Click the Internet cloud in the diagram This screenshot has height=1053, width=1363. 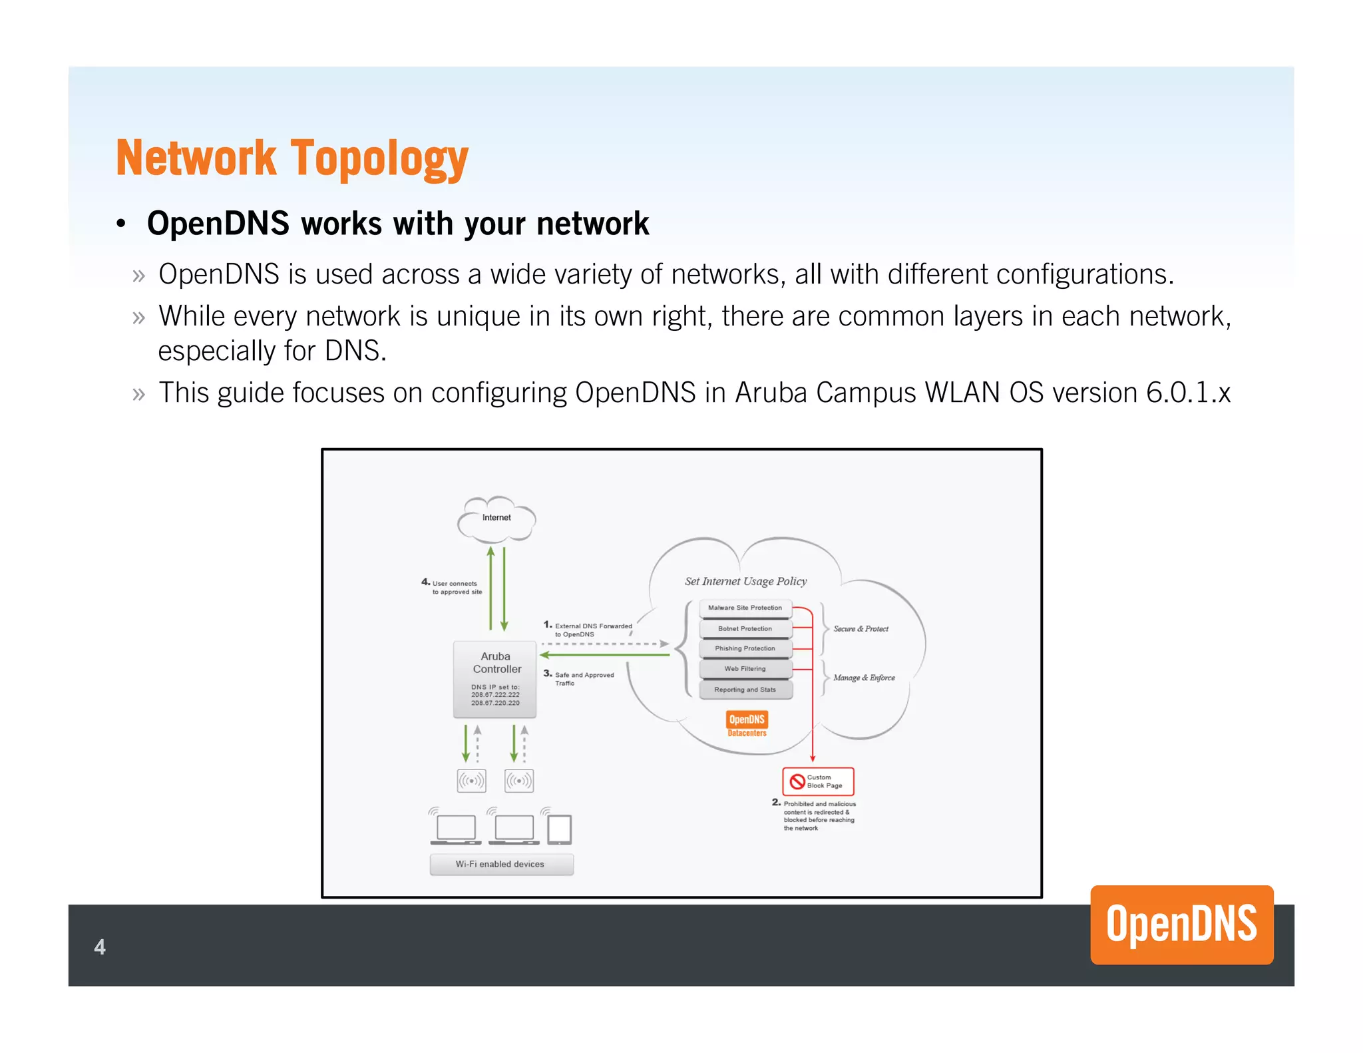(x=496, y=519)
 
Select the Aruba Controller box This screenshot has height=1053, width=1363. (x=495, y=679)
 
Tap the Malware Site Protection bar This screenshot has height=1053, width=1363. (x=745, y=608)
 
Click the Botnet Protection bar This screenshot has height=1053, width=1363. (x=745, y=628)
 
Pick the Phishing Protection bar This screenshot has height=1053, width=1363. (x=745, y=648)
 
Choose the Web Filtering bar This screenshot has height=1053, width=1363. (x=745, y=669)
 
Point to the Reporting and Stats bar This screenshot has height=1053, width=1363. (x=745, y=690)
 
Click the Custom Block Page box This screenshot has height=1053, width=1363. (x=818, y=781)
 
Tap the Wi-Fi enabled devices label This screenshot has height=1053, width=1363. (x=500, y=864)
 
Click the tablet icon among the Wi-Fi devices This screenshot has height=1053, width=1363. (x=559, y=829)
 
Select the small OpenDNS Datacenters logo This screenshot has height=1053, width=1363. (x=747, y=724)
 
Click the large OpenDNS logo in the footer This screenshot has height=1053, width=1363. (x=1181, y=925)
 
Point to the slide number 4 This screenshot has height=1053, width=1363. (x=100, y=947)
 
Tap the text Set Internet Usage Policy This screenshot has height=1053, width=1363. (x=745, y=581)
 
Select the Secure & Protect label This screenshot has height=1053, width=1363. (x=861, y=629)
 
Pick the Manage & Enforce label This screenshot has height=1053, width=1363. (x=864, y=678)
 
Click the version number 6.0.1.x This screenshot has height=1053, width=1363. (x=1188, y=393)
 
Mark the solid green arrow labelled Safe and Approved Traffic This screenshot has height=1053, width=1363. (x=604, y=655)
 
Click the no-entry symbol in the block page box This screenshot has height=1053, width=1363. (x=797, y=781)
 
